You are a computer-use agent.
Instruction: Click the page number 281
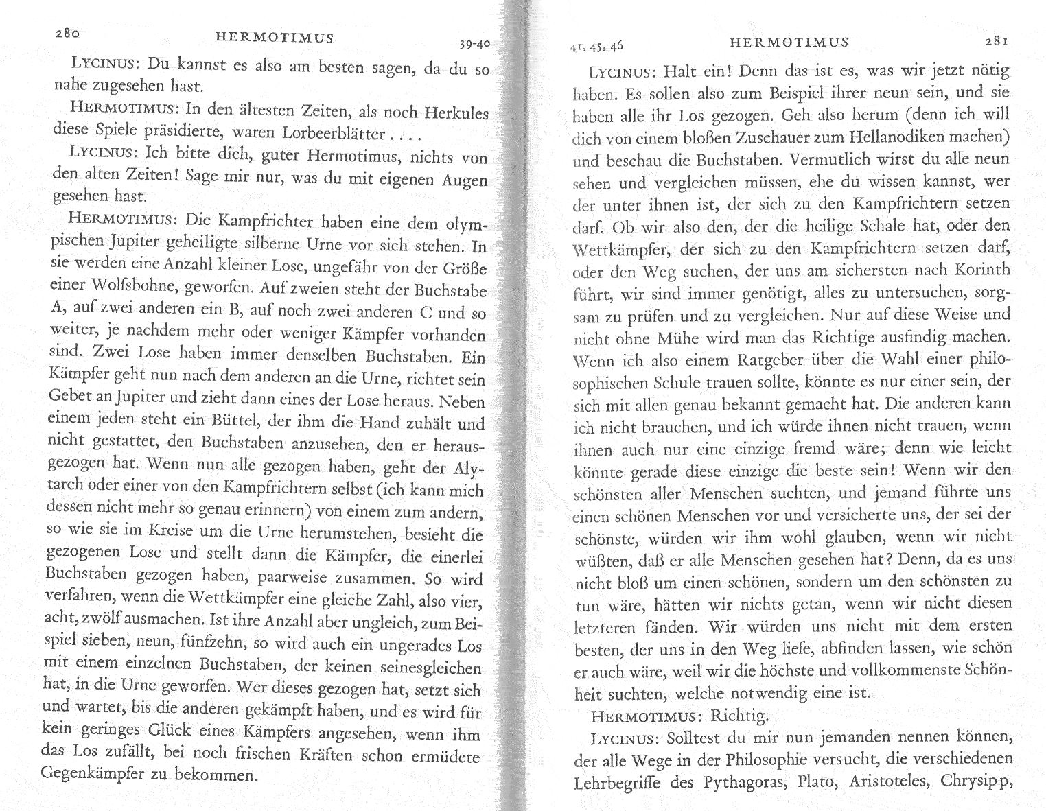point(995,41)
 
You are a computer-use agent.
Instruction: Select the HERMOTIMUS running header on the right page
point(789,42)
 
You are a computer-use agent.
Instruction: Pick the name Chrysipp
point(975,781)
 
